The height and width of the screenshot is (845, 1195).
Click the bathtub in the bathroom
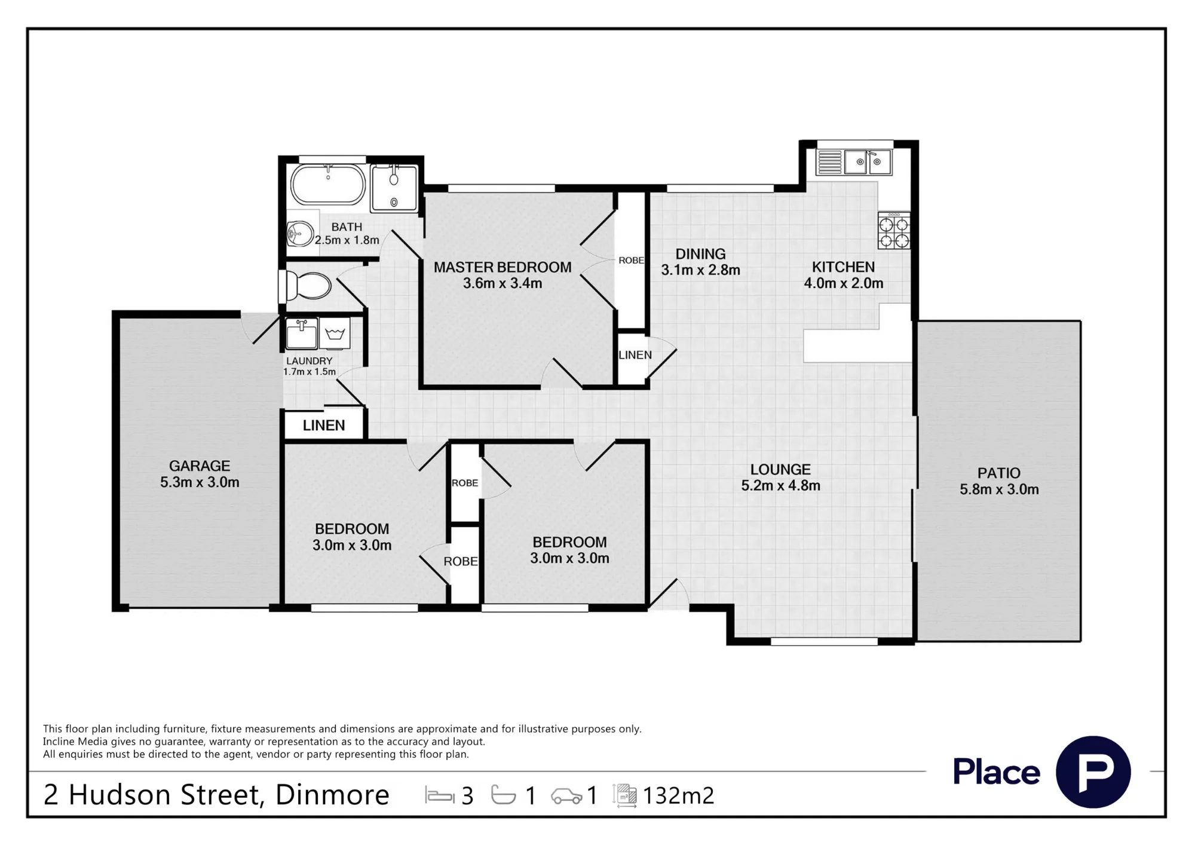click(x=328, y=184)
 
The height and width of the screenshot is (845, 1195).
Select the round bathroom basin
click(x=300, y=234)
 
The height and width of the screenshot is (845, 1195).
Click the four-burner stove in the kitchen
click(x=894, y=230)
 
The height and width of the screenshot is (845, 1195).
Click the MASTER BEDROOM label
click(x=502, y=267)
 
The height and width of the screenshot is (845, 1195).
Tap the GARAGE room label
click(x=200, y=466)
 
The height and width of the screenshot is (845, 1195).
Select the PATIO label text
click(x=999, y=473)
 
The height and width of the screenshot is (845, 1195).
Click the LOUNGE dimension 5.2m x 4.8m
click(x=781, y=486)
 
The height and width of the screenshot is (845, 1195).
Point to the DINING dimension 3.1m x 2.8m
click(x=701, y=270)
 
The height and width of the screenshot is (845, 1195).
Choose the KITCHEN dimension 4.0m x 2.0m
click(x=844, y=283)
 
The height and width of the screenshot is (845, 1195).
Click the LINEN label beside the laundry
click(x=324, y=425)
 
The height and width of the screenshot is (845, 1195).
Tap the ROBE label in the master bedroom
click(x=631, y=261)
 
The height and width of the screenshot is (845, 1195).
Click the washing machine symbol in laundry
click(x=335, y=333)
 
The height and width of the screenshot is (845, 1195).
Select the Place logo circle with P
click(x=1093, y=772)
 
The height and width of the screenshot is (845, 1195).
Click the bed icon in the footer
click(x=440, y=795)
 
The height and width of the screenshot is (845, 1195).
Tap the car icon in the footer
click(x=566, y=796)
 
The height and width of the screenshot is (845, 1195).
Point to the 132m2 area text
click(x=678, y=795)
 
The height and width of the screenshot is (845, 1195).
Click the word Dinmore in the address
click(x=332, y=795)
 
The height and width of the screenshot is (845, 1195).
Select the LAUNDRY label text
click(x=310, y=361)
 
